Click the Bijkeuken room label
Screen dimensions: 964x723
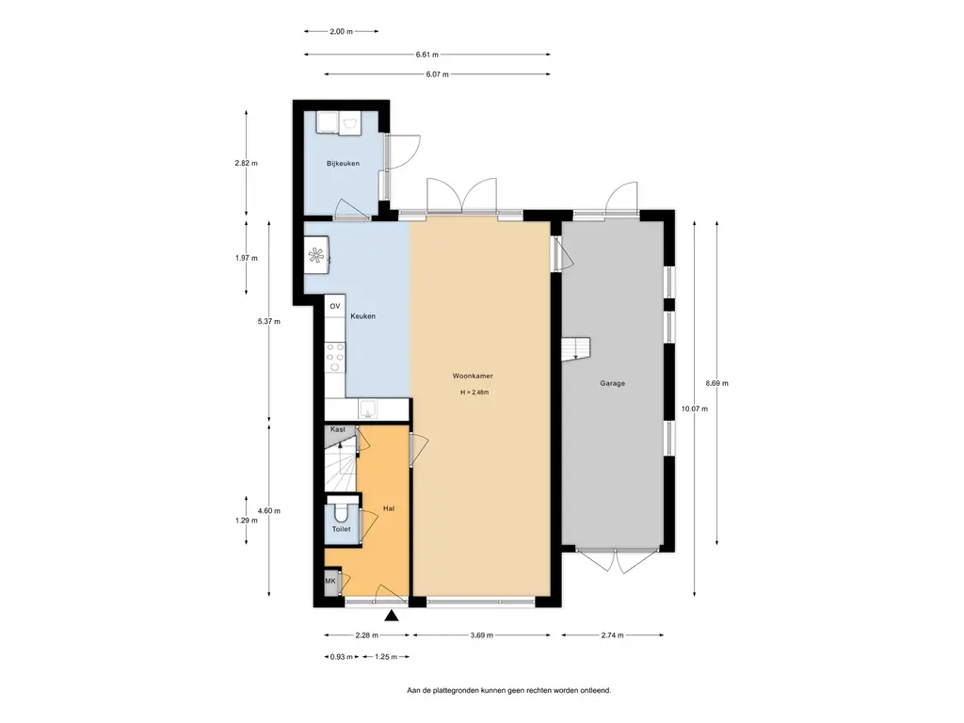[x=343, y=164]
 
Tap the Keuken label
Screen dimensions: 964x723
[x=362, y=316]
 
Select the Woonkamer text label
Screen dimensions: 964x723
[x=473, y=376]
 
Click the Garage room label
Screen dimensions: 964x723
[x=612, y=383]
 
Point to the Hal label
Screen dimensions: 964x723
[x=389, y=508]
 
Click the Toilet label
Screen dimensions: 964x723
[x=341, y=529]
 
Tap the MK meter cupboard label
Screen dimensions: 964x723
[x=330, y=581]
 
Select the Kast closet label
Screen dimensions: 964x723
[x=338, y=429]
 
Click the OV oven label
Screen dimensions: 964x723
[x=335, y=306]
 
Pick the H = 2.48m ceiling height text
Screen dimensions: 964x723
[x=474, y=393]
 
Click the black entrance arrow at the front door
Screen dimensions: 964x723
[x=392, y=617]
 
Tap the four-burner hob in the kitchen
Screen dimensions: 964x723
[x=335, y=357]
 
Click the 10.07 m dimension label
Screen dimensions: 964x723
[x=695, y=409]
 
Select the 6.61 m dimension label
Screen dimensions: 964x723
[x=427, y=55]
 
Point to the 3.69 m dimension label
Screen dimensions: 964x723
[x=482, y=635]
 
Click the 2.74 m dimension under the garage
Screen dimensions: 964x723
[x=612, y=635]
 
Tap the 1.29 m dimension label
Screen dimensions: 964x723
[x=247, y=520]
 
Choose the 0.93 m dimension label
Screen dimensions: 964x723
[x=342, y=656]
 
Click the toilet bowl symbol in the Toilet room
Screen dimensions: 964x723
[x=339, y=510]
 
